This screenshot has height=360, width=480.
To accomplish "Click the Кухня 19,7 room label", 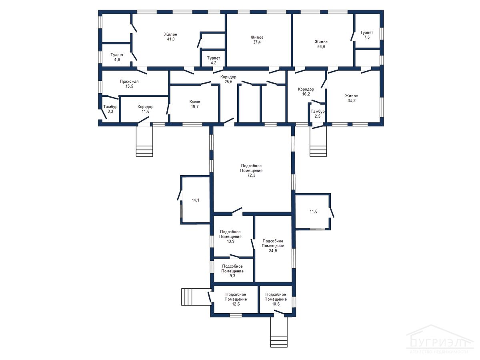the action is coord(195,104).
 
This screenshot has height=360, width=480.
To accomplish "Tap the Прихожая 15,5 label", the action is coord(129,84).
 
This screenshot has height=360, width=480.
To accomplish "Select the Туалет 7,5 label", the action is coord(366,35).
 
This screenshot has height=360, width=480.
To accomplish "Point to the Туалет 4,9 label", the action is coord(117,57).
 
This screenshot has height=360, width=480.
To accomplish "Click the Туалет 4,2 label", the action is coord(214,60).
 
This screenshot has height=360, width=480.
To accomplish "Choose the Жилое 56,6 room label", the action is coord(321,44).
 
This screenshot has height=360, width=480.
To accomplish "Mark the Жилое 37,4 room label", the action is coord(257,40).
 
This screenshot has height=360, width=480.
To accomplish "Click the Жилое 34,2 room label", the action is coord(352,98).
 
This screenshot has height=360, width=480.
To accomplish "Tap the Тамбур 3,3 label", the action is coord(110,109).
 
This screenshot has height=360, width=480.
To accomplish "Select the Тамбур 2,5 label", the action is coord(318,114).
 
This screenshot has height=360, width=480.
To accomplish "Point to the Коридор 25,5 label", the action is coord(228,79).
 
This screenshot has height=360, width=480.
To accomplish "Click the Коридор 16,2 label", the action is coord(306,92).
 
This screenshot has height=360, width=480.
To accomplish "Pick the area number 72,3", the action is coord(251,175).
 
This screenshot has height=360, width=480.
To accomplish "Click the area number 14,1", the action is coord(196,200).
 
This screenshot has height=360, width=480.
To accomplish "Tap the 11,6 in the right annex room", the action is coord(314,211).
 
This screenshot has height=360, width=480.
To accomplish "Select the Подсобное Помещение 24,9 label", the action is coord(273,246).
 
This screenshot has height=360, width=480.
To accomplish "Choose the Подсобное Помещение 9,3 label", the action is coord(232,271).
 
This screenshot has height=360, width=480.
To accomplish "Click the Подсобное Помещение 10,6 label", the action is coord(276,299).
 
